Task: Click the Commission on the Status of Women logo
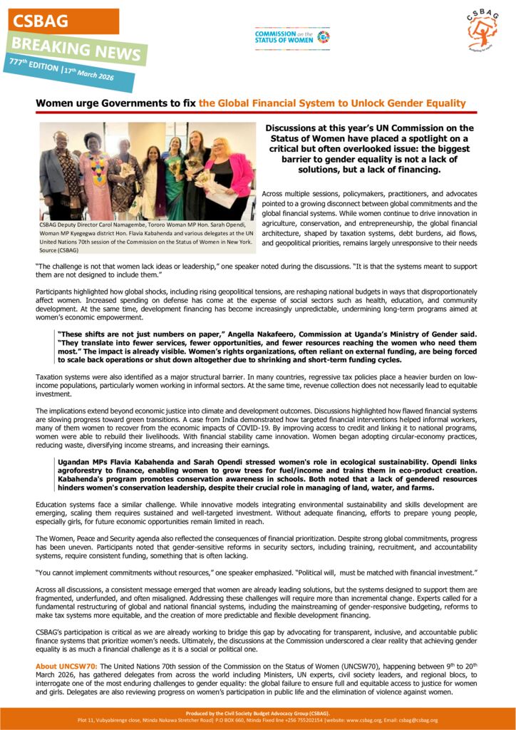pyautogui.click(x=292, y=37)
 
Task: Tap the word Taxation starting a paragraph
pyautogui.click(x=51, y=376)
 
